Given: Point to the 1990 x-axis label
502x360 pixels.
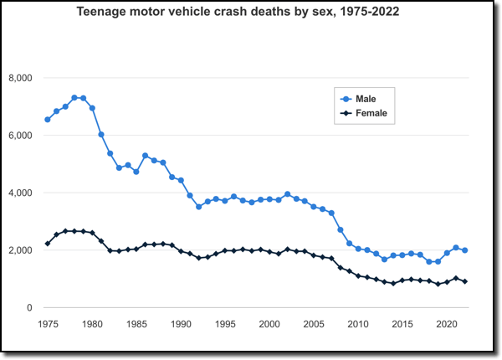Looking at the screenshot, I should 181,323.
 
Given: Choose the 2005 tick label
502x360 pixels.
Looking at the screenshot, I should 314,323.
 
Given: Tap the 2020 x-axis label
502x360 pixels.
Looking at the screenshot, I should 447,323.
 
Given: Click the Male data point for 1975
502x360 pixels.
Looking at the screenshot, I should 47,120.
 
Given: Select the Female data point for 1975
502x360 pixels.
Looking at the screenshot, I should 47,244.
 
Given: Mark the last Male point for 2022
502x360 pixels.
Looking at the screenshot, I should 465,250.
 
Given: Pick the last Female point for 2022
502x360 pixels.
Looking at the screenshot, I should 465,281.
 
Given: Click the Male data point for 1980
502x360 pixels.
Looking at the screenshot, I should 92,108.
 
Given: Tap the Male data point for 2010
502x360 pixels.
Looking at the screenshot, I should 358,249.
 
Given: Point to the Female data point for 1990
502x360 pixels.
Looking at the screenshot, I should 181,251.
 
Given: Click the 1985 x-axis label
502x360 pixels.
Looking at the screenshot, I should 136,323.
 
